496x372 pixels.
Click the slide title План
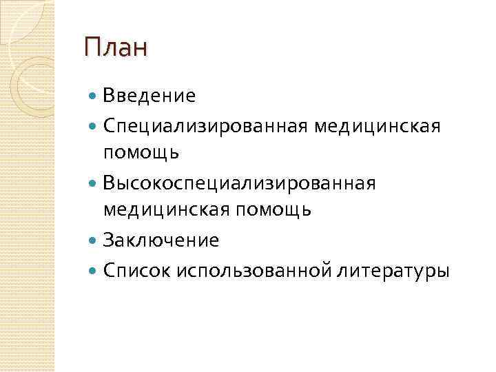(x=115, y=48)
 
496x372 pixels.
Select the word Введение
(x=149, y=96)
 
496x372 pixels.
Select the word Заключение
(x=161, y=240)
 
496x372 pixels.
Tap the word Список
(x=128, y=270)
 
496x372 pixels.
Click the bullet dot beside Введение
(x=93, y=96)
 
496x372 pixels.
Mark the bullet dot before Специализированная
(x=93, y=125)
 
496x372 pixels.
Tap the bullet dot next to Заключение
(x=93, y=240)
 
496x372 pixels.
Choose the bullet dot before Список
(x=93, y=270)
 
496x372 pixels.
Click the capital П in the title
(x=92, y=48)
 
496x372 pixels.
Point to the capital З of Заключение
(x=108, y=240)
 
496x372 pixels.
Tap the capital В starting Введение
(x=108, y=96)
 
